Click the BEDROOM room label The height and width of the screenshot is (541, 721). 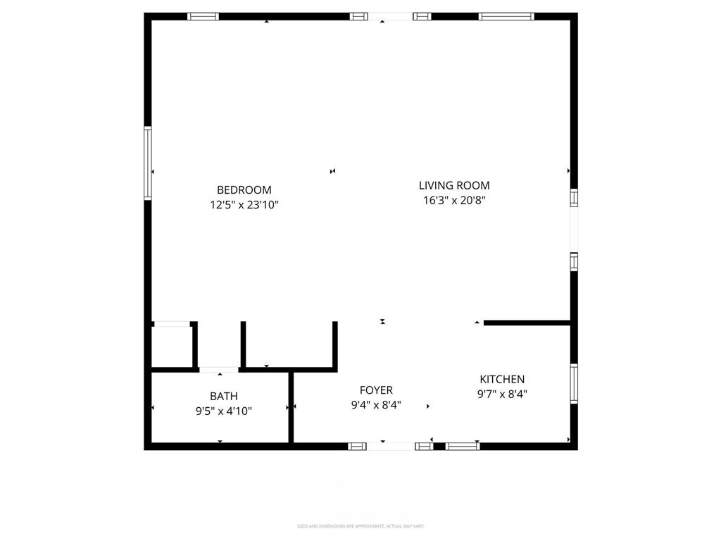(244, 189)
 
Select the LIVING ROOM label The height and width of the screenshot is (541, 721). (454, 185)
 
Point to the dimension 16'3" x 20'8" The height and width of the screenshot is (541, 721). (454, 201)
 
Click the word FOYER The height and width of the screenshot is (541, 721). (376, 390)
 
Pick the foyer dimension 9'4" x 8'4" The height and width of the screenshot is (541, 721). (376, 405)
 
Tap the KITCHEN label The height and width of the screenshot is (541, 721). (502, 379)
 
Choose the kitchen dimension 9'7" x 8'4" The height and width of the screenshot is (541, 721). (502, 394)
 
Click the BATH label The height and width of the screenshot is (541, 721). (223, 396)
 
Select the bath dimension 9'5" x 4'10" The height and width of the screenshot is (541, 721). (223, 411)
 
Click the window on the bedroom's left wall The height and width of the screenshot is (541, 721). (148, 163)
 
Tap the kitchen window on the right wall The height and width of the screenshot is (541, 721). (574, 384)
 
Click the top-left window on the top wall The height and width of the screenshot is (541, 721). (203, 16)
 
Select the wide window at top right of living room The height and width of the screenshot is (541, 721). (506, 16)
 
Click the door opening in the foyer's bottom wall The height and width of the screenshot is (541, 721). (391, 446)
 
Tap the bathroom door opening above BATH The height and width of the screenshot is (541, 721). (219, 369)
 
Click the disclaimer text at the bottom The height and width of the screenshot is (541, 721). (360, 526)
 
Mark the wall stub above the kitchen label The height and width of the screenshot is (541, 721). (527, 323)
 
